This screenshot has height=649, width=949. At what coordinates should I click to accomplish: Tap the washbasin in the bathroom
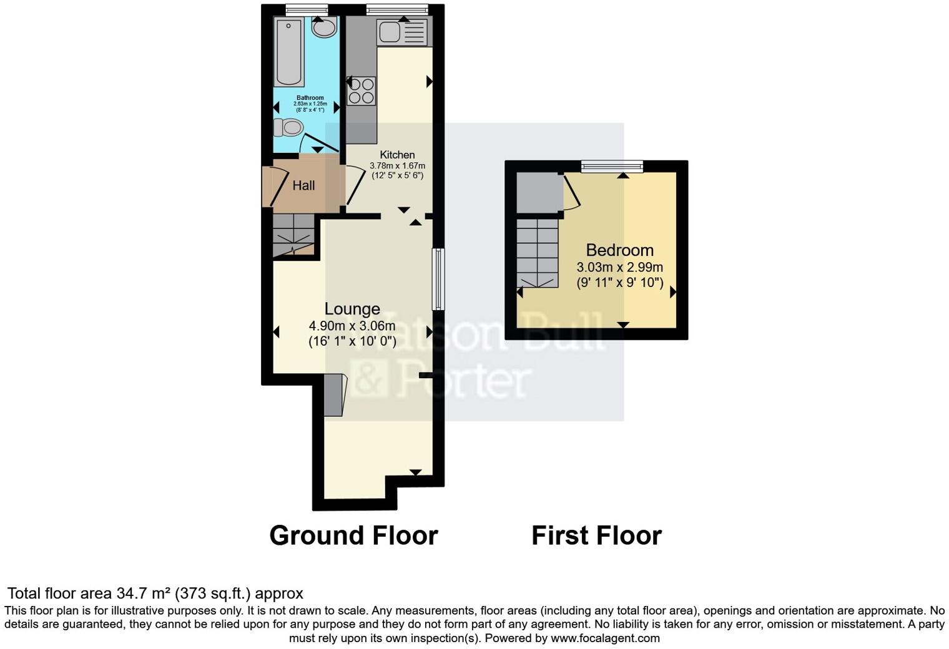pyautogui.click(x=323, y=28)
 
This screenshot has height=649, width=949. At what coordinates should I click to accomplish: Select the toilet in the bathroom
pyautogui.click(x=288, y=128)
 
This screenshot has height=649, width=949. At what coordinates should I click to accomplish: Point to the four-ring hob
pyautogui.click(x=361, y=90)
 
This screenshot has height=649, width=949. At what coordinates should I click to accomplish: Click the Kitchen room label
pyautogui.click(x=397, y=155)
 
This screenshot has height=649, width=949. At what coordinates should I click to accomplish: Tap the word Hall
pyautogui.click(x=303, y=185)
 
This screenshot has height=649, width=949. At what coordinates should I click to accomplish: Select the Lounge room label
pyautogui.click(x=352, y=309)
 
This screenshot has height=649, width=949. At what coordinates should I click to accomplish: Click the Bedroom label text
pyautogui.click(x=619, y=250)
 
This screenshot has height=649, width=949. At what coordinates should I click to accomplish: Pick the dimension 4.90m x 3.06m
pyautogui.click(x=352, y=326)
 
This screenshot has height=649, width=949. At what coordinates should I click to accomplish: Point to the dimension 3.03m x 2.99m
pyautogui.click(x=619, y=267)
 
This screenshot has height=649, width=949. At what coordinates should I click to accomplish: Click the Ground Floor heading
pyautogui.click(x=353, y=535)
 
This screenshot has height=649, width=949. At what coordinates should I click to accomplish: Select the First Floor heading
pyautogui.click(x=596, y=535)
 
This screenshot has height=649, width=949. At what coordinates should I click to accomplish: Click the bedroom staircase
pyautogui.click(x=537, y=253)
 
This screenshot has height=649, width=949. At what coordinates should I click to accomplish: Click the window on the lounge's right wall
pyautogui.click(x=439, y=279)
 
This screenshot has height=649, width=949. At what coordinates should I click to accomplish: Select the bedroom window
pyautogui.click(x=612, y=166)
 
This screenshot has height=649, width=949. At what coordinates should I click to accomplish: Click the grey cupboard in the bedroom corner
pyautogui.click(x=539, y=193)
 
